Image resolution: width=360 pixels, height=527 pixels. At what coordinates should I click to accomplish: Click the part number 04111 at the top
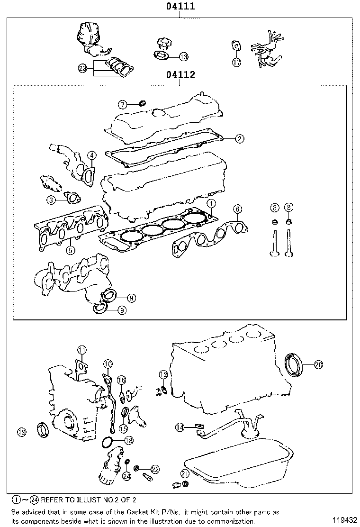tap(180, 7)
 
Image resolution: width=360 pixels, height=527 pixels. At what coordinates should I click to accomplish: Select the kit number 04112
tap(180, 75)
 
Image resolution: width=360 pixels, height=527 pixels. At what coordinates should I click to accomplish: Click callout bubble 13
tap(183, 57)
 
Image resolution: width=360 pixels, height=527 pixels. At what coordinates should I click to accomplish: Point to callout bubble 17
tap(237, 62)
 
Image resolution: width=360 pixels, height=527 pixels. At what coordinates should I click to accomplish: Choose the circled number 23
tap(83, 69)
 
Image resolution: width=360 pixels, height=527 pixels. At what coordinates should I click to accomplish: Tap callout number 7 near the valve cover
tap(122, 104)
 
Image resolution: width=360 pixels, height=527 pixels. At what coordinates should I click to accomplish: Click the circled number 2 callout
tap(240, 138)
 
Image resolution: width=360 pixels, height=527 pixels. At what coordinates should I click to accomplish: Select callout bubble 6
tap(237, 209)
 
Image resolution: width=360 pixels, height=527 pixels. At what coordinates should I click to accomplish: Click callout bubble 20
tap(318, 364)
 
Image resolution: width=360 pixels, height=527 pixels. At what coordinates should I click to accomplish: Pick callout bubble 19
tap(21, 431)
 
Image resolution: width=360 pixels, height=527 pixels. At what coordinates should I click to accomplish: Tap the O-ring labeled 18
tap(108, 443)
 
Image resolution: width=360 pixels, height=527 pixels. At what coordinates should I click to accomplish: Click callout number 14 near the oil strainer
tap(180, 427)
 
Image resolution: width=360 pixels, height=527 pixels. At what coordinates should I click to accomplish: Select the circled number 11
tap(82, 350)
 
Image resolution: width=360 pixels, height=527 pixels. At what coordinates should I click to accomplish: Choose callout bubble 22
tap(155, 469)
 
